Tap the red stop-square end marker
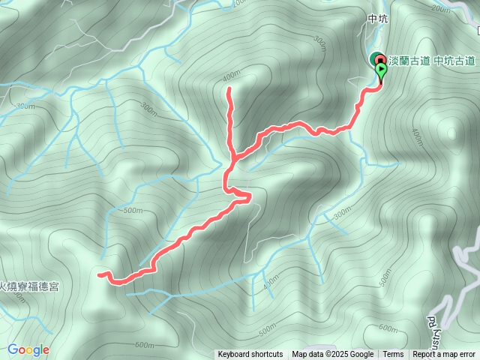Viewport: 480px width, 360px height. point(376,60)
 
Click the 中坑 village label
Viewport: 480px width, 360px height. point(377,20)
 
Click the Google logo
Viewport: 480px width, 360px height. point(28,349)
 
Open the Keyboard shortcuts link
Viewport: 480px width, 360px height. point(250,355)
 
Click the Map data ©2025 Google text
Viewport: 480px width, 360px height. point(332,355)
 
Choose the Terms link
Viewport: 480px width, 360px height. point(393,355)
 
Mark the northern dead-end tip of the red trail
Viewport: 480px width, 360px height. point(229,89)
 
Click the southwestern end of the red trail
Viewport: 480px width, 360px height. point(99,274)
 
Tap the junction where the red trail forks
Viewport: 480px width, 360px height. point(235,158)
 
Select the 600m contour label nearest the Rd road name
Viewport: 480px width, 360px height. point(388,328)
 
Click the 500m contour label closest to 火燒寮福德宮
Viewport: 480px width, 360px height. point(133,211)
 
